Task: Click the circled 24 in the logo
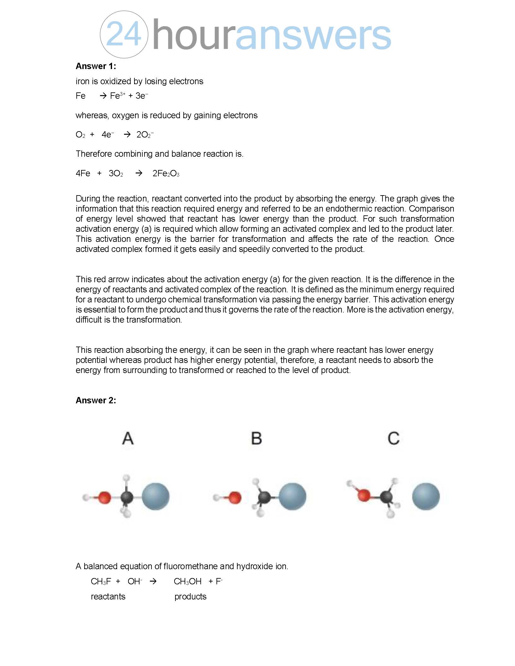[124, 34]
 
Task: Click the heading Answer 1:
[96, 66]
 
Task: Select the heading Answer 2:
[96, 400]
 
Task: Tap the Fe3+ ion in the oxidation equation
[117, 96]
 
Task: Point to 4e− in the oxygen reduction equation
[108, 135]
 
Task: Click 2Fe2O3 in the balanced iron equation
[166, 173]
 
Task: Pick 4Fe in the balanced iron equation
[83, 173]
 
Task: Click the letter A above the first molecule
[128, 438]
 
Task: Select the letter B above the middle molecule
[256, 438]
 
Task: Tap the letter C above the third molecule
[394, 438]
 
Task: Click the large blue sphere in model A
[156, 497]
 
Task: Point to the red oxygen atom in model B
[234, 498]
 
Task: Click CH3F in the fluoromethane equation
[101, 581]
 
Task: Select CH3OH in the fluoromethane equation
[187, 581]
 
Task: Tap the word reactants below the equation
[108, 597]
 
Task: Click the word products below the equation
[190, 597]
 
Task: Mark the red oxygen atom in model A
[104, 498]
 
